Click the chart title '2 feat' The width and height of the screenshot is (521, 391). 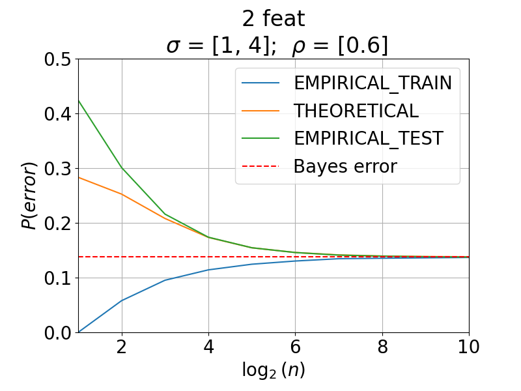pyautogui.click(x=273, y=19)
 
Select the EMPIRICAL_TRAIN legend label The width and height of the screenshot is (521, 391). pyautogui.click(x=373, y=83)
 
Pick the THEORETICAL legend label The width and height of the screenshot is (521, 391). pyautogui.click(x=356, y=111)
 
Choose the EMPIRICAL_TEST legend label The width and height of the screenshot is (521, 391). pyautogui.click(x=369, y=138)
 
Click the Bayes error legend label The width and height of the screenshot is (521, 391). pyautogui.click(x=345, y=166)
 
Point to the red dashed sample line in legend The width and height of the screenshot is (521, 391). pyautogui.click(x=260, y=166)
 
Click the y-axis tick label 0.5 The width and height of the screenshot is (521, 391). pyautogui.click(x=57, y=59)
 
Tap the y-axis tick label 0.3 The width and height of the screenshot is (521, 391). pyautogui.click(x=57, y=169)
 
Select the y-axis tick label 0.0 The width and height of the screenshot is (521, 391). pyautogui.click(x=57, y=333)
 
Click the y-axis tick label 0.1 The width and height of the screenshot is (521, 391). pyautogui.click(x=57, y=278)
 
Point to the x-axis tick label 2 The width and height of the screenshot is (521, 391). pyautogui.click(x=122, y=347)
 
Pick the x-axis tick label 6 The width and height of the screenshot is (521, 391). pyautogui.click(x=296, y=347)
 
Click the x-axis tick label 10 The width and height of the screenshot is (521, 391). pyautogui.click(x=469, y=347)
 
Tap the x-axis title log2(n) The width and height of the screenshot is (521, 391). pyautogui.click(x=273, y=370)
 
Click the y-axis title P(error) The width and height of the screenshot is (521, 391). pyautogui.click(x=29, y=196)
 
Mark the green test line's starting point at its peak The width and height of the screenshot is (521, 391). pyautogui.click(x=78, y=100)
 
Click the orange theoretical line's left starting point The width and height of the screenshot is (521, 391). pyautogui.click(x=78, y=177)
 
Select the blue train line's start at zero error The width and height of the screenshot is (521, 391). pyautogui.click(x=78, y=332)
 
